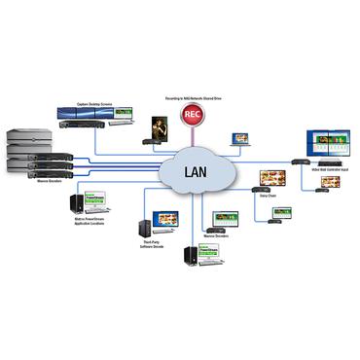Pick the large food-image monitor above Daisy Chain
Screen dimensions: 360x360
pyautogui.click(x=269, y=180)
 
